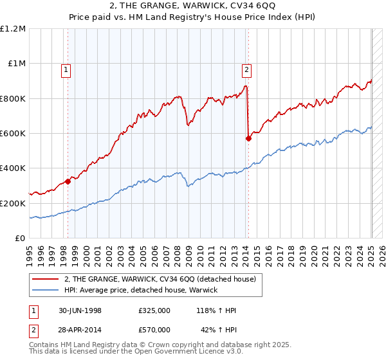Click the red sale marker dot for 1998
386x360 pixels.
(x=68, y=181)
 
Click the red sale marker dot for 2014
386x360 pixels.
(x=248, y=138)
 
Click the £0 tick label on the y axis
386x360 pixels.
(x=19, y=238)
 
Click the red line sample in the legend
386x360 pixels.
(x=44, y=279)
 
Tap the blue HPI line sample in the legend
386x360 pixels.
(x=44, y=290)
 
